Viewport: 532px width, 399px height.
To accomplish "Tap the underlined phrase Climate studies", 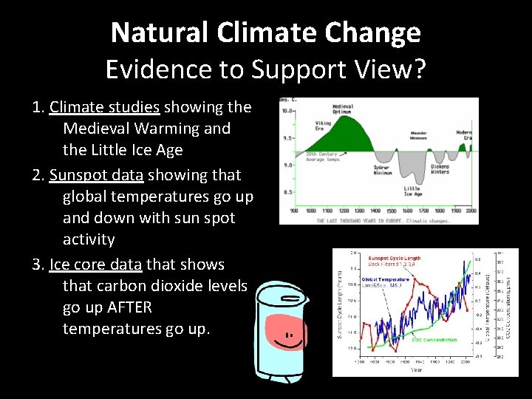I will tap(106, 107).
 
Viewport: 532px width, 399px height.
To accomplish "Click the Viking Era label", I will tap(323, 126).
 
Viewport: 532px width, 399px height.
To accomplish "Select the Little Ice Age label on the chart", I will tap(412, 191).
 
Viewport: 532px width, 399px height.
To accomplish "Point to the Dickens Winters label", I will tap(440, 168).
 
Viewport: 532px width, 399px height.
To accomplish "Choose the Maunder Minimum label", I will tap(418, 136).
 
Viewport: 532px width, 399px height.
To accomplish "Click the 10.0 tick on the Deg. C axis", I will tap(287, 111).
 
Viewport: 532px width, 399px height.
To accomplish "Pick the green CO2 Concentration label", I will tap(434, 340).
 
